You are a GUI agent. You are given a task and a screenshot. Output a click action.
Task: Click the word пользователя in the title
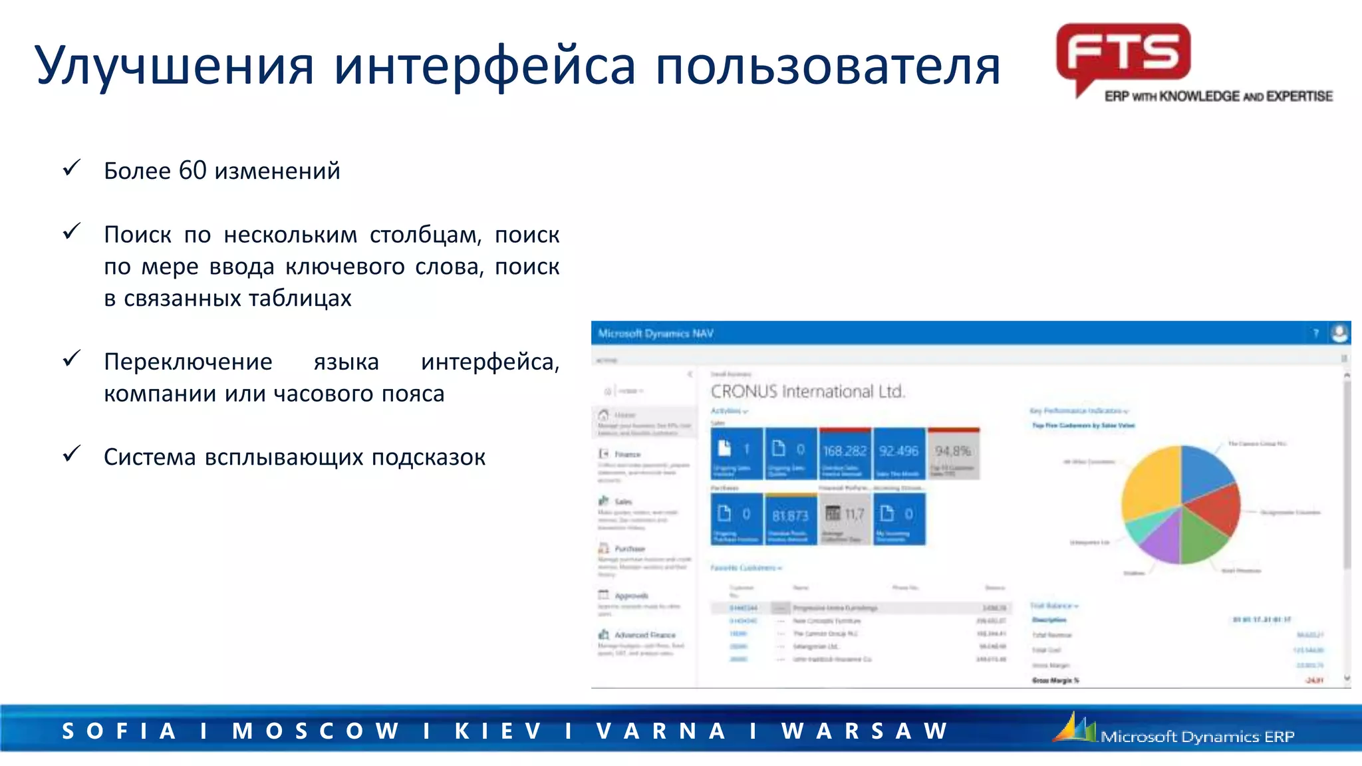tap(827, 66)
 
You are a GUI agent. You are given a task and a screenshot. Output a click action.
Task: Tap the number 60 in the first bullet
tap(192, 171)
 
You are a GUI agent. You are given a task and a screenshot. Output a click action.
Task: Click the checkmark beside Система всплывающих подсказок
tap(72, 454)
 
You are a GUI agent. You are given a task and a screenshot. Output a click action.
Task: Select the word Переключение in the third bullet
tap(188, 362)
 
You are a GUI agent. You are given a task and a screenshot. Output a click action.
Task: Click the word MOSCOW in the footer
tap(315, 731)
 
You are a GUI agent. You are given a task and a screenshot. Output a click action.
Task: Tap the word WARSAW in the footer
tap(865, 731)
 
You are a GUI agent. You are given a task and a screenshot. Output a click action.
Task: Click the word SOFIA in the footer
tap(120, 731)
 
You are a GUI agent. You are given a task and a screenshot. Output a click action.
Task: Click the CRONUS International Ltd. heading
tap(807, 391)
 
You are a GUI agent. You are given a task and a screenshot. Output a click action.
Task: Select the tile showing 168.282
tap(845, 453)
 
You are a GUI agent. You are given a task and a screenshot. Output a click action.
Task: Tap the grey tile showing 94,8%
tap(953, 453)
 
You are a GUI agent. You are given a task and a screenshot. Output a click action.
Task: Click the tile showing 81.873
tap(790, 518)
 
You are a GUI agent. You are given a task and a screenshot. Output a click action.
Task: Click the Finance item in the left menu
tap(627, 455)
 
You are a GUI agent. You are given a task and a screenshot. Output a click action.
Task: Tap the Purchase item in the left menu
tap(629, 549)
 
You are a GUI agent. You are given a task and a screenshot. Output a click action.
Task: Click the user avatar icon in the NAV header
tap(1339, 332)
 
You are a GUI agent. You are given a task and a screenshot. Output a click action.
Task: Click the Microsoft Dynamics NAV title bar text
tap(656, 333)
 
